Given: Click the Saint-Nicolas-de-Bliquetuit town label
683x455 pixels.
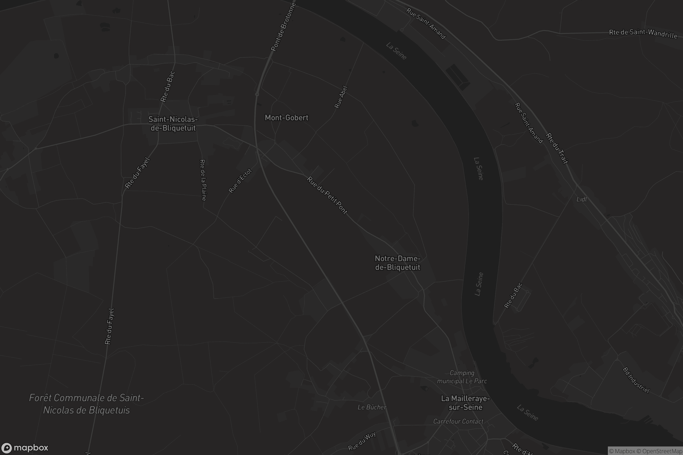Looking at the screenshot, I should [173, 124].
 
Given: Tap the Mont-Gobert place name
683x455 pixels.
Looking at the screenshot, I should [286, 118].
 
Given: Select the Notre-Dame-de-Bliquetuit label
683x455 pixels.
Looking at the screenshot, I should [398, 263].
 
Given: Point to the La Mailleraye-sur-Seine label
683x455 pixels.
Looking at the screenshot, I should [466, 403].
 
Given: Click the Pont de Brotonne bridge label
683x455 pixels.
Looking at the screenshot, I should [283, 27].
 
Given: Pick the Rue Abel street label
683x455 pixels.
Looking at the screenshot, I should [341, 97].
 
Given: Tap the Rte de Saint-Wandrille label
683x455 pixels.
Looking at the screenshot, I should [643, 34].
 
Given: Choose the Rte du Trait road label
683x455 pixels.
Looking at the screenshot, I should [557, 148].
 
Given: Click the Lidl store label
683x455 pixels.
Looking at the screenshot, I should [581, 199].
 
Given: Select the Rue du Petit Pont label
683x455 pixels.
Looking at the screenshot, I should [327, 195].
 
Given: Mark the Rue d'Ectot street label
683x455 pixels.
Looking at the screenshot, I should [240, 181].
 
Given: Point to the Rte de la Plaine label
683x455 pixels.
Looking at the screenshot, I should [203, 180].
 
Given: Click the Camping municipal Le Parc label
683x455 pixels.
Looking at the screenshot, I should [462, 377].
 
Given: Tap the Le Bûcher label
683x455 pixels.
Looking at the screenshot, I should [372, 408].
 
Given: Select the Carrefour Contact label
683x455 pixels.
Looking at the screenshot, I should [458, 421].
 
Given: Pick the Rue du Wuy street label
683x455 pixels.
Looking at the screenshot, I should [362, 441].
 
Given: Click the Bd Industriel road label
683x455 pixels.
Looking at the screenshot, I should [636, 380].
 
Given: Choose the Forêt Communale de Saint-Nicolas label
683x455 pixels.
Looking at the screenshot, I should [87, 404].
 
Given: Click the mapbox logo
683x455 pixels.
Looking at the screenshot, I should [24, 448].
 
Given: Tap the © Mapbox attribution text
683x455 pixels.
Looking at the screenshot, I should [622, 451].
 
